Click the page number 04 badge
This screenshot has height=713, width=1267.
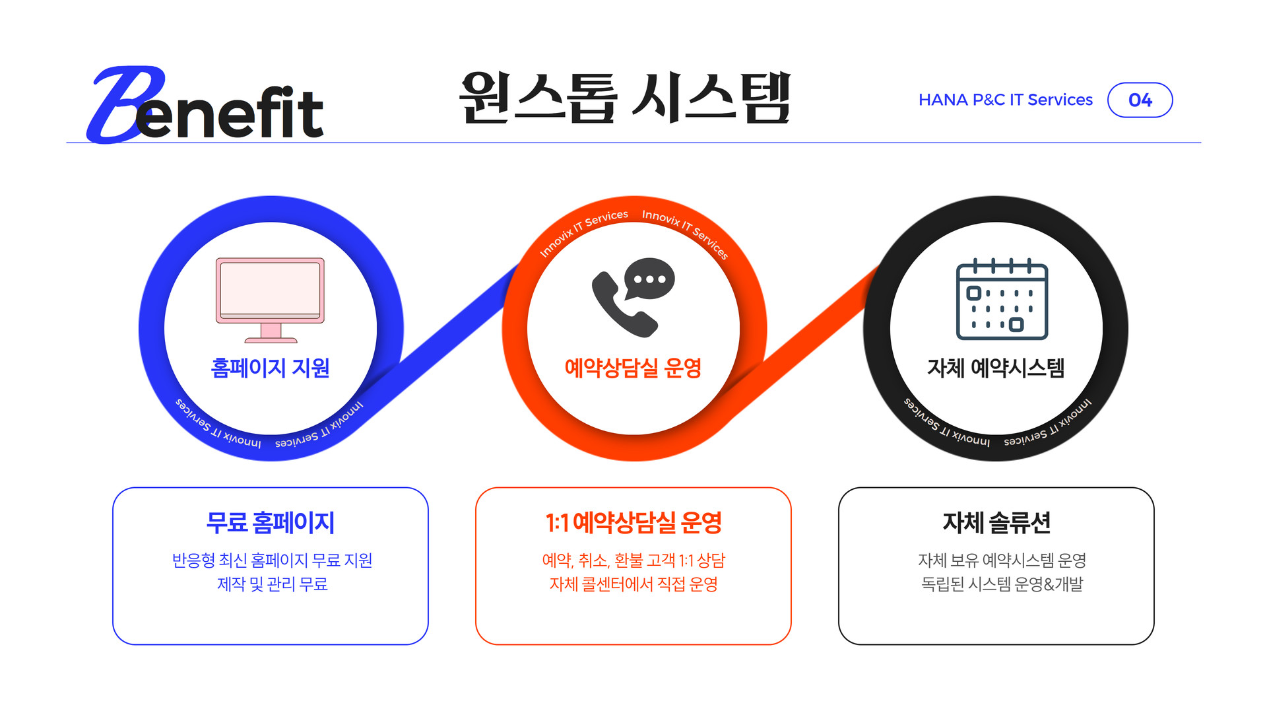(x=1140, y=100)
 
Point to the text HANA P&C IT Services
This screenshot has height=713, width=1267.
(x=1005, y=100)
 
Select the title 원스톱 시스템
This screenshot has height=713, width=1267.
(x=624, y=99)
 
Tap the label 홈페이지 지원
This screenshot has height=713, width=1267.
(x=270, y=368)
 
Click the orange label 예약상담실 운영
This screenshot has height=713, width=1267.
(x=633, y=368)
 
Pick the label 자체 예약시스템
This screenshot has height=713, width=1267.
(x=996, y=368)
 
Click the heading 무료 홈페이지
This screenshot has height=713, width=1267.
(x=270, y=523)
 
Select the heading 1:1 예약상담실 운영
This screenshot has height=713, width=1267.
(x=633, y=523)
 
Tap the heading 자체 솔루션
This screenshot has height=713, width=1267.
(x=996, y=523)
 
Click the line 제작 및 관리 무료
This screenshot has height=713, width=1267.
(x=272, y=584)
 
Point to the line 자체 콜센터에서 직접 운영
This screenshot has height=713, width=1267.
(x=633, y=584)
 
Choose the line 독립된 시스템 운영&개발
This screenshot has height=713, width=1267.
(x=1002, y=584)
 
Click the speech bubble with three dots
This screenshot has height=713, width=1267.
(x=650, y=278)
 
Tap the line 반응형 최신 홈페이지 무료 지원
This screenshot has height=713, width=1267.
(x=272, y=560)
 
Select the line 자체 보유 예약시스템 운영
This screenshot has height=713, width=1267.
(x=1002, y=560)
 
